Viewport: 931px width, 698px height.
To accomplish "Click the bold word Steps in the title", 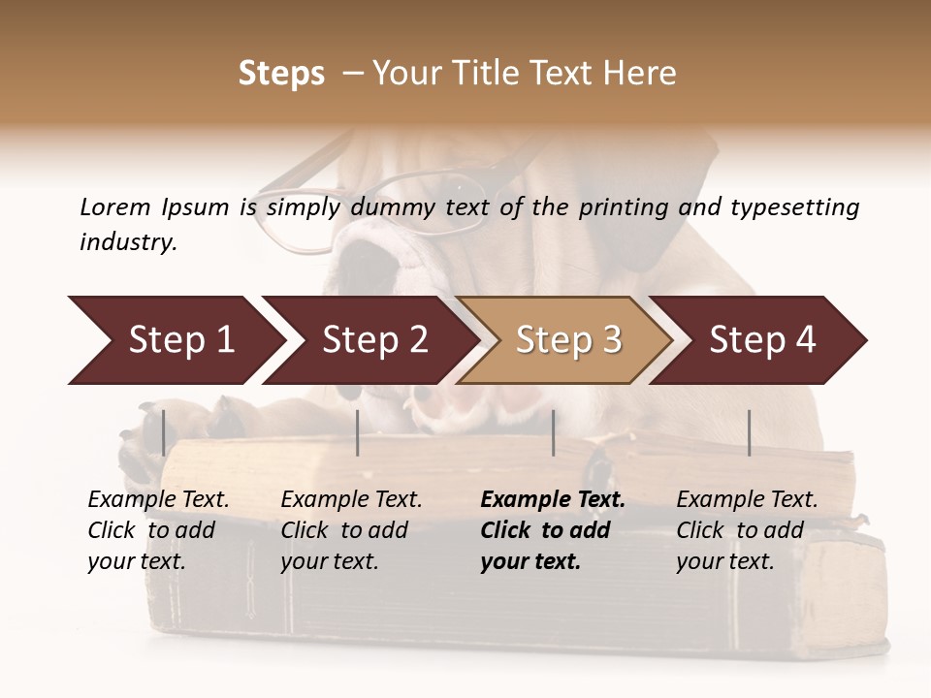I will click(281, 73).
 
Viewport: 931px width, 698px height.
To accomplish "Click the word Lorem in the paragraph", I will click(115, 206).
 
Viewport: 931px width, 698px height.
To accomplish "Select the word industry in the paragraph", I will click(127, 241).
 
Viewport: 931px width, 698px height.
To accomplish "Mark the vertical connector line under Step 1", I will click(163, 432).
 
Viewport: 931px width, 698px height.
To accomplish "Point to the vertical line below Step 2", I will click(358, 432).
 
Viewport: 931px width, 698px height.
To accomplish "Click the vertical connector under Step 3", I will click(553, 432).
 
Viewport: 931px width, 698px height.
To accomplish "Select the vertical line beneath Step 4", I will click(749, 432).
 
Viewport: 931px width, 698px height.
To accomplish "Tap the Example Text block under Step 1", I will click(158, 530).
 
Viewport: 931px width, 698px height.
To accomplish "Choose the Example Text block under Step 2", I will click(351, 530).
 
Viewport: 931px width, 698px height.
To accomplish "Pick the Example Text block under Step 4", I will click(747, 530).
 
